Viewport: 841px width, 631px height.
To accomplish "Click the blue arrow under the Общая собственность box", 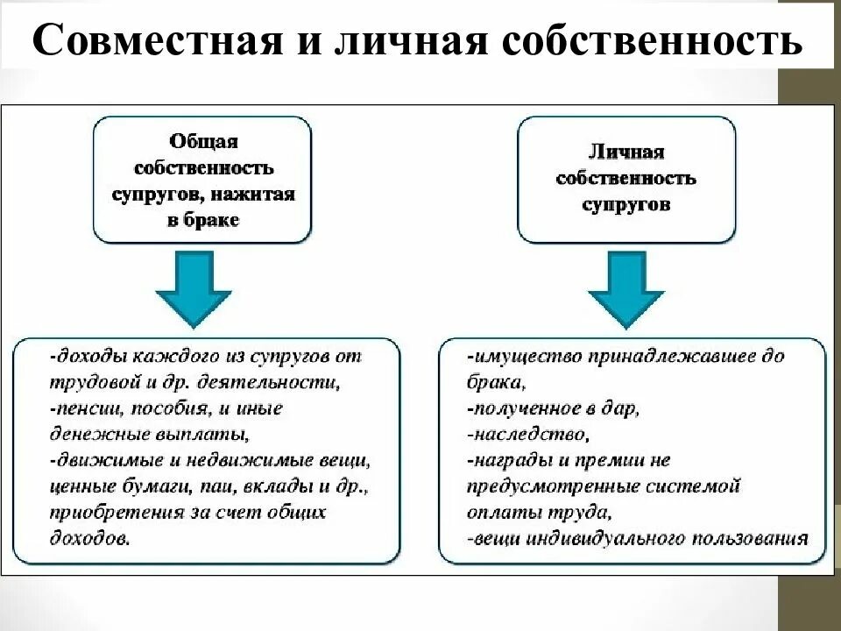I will (x=193, y=287).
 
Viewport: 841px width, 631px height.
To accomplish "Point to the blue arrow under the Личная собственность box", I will (x=625, y=287).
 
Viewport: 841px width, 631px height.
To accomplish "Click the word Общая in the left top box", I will (x=202, y=141).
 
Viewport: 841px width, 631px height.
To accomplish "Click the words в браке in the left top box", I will (x=202, y=220).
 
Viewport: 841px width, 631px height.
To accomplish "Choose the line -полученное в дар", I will (x=554, y=408).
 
